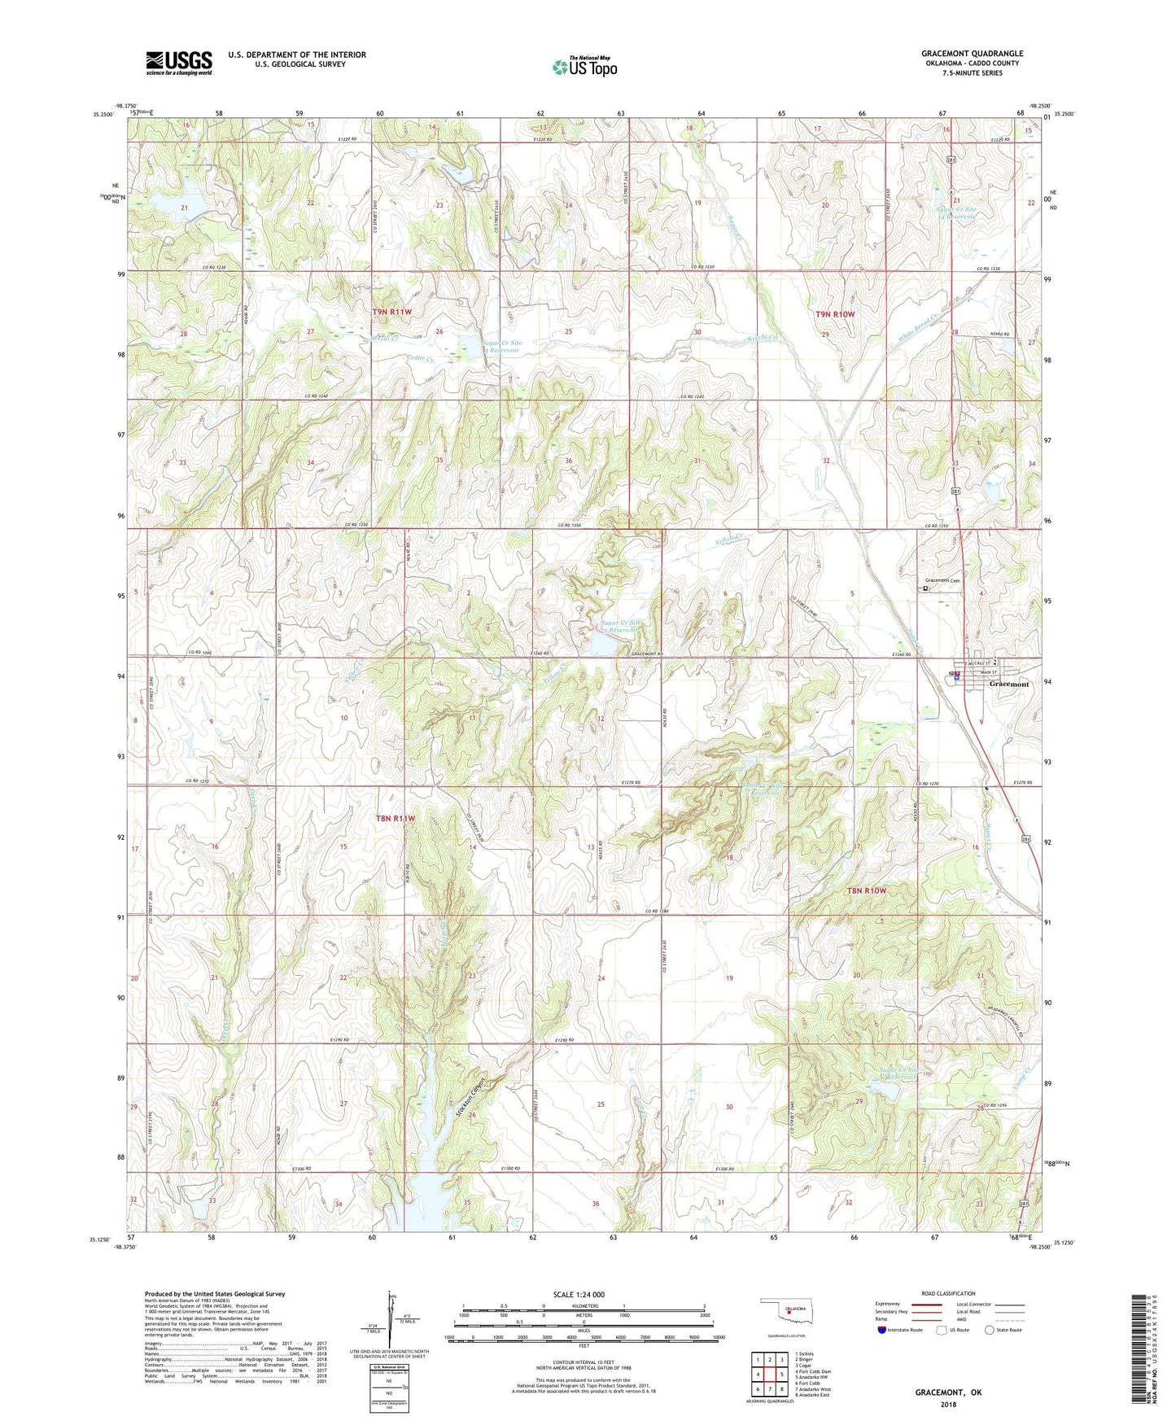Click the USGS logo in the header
[x=178, y=63]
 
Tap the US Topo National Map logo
[x=584, y=68]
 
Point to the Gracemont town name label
[x=1008, y=684]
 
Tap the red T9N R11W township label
[x=392, y=313]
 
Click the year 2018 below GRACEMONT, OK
[x=948, y=1405]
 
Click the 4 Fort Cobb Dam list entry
[x=814, y=1371]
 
